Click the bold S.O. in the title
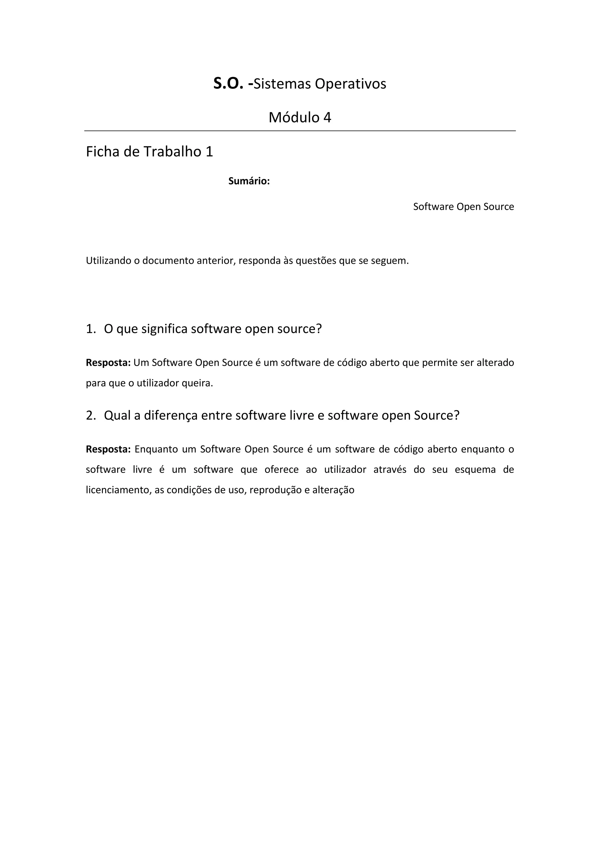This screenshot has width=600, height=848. coord(228,84)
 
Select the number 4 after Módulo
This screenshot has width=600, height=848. coord(327,117)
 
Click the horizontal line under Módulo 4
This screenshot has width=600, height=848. coord(300,131)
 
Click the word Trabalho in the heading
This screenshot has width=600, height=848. coord(173,152)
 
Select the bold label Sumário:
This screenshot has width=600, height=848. coord(249,181)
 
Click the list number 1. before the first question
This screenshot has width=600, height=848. coord(91,329)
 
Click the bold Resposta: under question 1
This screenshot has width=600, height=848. coord(108,363)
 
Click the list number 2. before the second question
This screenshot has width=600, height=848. coord(91,416)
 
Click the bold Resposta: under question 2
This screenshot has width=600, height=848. coord(108,449)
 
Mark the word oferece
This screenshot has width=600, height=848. coord(282,470)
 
